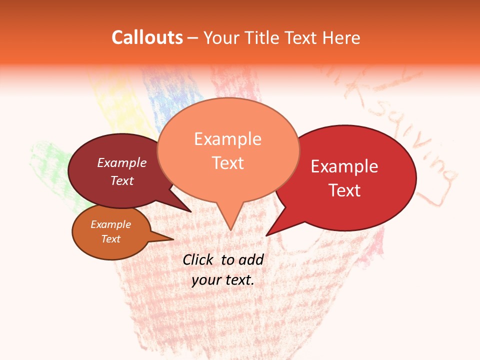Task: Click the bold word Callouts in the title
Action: click(x=147, y=37)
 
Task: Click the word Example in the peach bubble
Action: click(x=227, y=139)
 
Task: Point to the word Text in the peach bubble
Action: click(x=227, y=163)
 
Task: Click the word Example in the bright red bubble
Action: click(x=344, y=166)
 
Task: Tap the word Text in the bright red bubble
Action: click(x=344, y=190)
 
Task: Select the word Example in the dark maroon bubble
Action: click(x=122, y=162)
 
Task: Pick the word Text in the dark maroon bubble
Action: click(x=122, y=180)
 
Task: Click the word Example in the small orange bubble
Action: click(x=110, y=224)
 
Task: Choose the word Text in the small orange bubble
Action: click(x=110, y=239)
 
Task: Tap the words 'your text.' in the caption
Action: click(x=223, y=280)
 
